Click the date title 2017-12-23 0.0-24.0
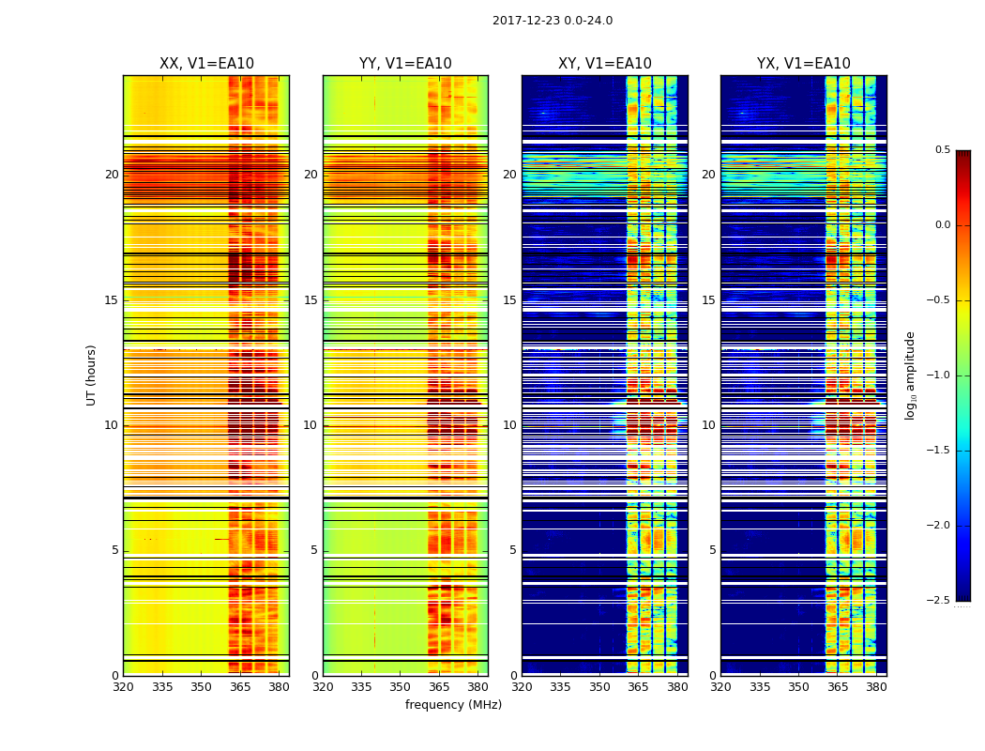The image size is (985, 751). click(553, 21)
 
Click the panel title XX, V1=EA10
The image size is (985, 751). click(206, 64)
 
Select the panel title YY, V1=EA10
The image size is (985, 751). click(405, 64)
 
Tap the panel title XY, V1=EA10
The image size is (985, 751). click(605, 64)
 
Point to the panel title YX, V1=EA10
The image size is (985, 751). click(804, 64)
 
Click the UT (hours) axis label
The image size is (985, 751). click(92, 375)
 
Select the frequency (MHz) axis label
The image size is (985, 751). click(453, 705)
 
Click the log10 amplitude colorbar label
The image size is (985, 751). click(910, 375)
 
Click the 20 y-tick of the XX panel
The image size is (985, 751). click(112, 175)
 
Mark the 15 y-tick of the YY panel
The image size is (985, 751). click(311, 300)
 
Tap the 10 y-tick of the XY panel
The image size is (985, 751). click(509, 425)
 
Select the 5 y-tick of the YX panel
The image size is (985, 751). click(713, 550)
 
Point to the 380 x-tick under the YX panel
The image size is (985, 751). click(876, 686)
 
